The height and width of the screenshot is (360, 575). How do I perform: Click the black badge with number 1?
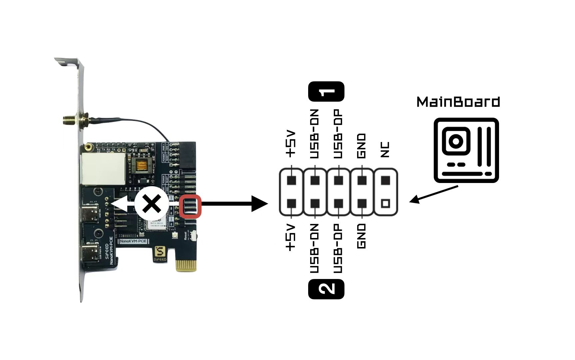point(326,91)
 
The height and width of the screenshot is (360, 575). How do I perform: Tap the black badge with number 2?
point(326,289)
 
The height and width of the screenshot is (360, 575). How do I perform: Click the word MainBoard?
point(458,102)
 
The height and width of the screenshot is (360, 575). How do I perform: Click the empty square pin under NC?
point(385,203)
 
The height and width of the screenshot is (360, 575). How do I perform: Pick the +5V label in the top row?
point(291,144)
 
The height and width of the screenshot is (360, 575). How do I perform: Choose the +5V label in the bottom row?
point(291,237)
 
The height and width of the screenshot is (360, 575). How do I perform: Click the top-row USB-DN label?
point(314,134)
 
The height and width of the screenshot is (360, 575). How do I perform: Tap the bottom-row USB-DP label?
point(338,248)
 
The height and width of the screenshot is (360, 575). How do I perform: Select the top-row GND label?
point(361,146)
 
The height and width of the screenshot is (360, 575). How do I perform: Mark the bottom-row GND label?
point(361,236)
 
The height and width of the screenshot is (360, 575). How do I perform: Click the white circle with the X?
point(152,204)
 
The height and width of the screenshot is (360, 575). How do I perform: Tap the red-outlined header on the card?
point(190,207)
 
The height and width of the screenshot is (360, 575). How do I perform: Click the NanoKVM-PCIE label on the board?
point(133,241)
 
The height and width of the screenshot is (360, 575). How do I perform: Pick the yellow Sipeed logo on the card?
point(160,252)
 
